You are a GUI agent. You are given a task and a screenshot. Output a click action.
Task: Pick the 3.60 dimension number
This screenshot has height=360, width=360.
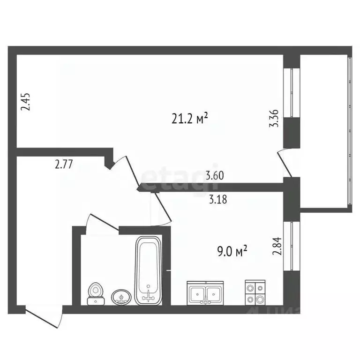[x=215, y=177]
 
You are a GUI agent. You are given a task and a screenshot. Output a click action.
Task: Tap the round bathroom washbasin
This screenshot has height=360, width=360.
[x=121, y=296]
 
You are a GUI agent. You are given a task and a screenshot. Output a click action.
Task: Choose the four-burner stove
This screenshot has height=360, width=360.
[x=255, y=293]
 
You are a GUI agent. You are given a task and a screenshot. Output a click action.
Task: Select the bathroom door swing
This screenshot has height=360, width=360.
[x=101, y=221]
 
